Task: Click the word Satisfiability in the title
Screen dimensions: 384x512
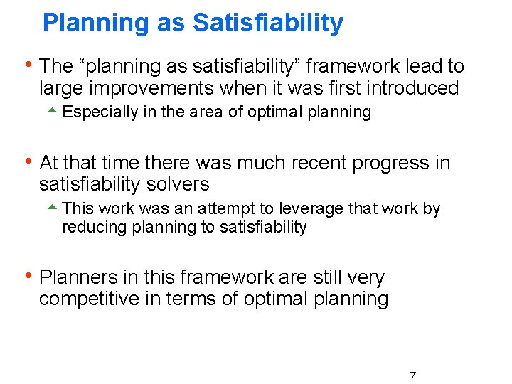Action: [268, 23]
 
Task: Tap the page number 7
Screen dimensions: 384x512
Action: [412, 375]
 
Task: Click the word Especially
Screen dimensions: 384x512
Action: [100, 112]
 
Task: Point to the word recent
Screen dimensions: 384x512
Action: [317, 163]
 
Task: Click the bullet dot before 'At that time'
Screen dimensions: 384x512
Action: [28, 161]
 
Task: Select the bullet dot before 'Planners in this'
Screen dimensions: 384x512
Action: [28, 275]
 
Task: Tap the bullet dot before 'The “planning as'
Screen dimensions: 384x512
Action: [28, 64]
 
